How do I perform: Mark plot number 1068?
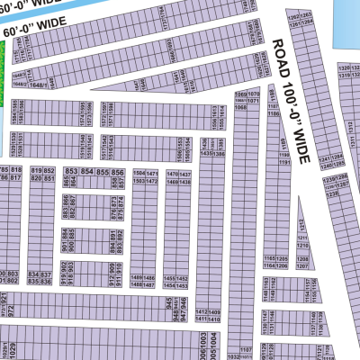click(x=240, y=107)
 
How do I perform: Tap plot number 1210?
click(x=302, y=244)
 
